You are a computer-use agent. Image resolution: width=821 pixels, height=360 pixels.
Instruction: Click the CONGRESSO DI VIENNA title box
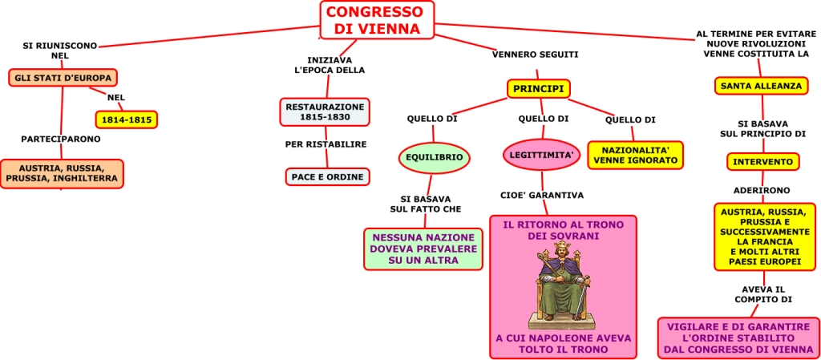(x=376, y=20)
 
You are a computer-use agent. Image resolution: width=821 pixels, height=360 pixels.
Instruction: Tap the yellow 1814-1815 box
(x=126, y=120)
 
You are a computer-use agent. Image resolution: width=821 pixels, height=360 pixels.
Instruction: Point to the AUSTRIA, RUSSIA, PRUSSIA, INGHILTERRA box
(x=62, y=173)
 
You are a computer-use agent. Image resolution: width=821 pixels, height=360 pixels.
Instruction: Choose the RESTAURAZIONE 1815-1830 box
(x=325, y=111)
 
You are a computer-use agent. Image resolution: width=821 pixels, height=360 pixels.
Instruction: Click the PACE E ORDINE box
(x=327, y=176)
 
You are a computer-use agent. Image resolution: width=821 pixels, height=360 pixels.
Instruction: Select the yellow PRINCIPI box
(x=538, y=88)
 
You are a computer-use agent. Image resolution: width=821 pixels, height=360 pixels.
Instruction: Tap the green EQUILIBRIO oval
(x=434, y=158)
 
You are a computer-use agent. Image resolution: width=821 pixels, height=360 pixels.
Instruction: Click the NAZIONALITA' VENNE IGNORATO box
(x=635, y=155)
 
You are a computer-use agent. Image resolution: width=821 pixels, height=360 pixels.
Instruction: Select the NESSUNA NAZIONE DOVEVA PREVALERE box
(x=423, y=249)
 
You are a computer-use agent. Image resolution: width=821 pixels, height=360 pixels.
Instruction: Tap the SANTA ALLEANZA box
(x=761, y=86)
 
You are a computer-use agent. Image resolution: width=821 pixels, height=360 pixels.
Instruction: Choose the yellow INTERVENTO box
(x=762, y=161)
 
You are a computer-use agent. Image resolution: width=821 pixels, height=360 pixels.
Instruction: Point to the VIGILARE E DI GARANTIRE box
(x=738, y=338)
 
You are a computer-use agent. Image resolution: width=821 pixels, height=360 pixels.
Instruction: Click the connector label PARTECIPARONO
(x=61, y=139)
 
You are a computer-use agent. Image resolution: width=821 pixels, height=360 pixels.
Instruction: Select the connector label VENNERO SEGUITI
(x=535, y=55)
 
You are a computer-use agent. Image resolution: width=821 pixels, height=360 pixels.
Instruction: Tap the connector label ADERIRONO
(x=762, y=190)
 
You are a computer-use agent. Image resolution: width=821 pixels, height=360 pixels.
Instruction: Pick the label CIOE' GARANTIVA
(x=542, y=195)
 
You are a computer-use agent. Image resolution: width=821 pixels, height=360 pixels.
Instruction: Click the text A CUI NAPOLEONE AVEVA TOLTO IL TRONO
(x=563, y=344)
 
